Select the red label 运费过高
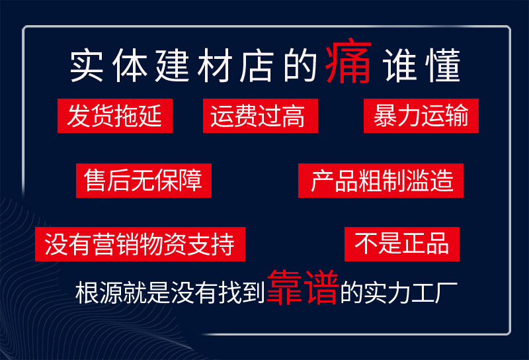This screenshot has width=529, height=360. [259, 116]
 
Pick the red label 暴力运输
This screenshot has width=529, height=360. [421, 116]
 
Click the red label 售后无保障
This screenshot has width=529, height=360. [143, 181]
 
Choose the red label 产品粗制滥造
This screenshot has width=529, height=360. [381, 181]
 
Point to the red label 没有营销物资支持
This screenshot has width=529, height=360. [141, 245]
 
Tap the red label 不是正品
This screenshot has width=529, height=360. [402, 244]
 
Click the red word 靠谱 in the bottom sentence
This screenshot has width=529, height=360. [302, 289]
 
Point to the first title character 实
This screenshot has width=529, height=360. [86, 66]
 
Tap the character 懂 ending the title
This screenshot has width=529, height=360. [442, 66]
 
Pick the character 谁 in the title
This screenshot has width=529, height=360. [400, 66]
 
